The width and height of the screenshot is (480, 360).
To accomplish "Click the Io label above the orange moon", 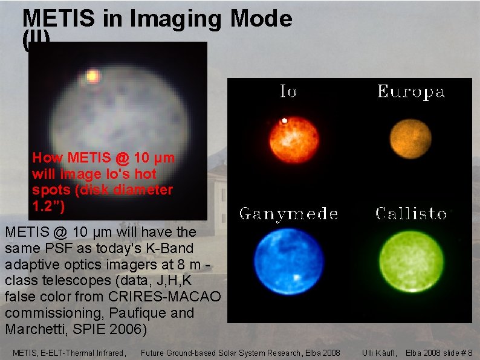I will click(x=288, y=91).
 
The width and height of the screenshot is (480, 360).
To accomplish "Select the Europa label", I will click(x=410, y=91).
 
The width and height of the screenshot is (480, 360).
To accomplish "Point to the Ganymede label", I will click(x=288, y=213).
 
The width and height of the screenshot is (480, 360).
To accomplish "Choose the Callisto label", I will click(x=411, y=213).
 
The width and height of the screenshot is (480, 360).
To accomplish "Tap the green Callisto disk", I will click(x=411, y=261).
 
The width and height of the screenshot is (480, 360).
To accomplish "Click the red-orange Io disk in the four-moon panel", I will click(x=294, y=140).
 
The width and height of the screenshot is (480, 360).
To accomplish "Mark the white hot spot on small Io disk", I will click(x=284, y=121).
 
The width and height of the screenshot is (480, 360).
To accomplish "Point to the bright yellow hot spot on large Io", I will click(x=92, y=76).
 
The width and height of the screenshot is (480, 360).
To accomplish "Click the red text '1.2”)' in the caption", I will click(x=48, y=205).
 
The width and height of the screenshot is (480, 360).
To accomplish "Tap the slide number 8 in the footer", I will click(x=470, y=352).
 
